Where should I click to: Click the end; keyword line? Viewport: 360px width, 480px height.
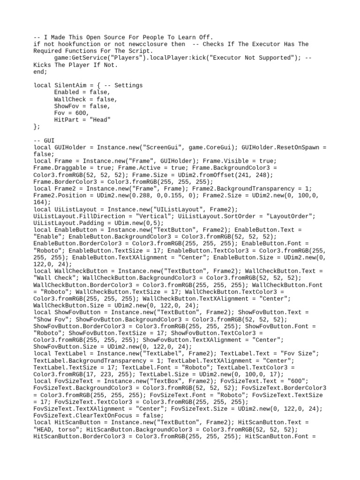(41, 72)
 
